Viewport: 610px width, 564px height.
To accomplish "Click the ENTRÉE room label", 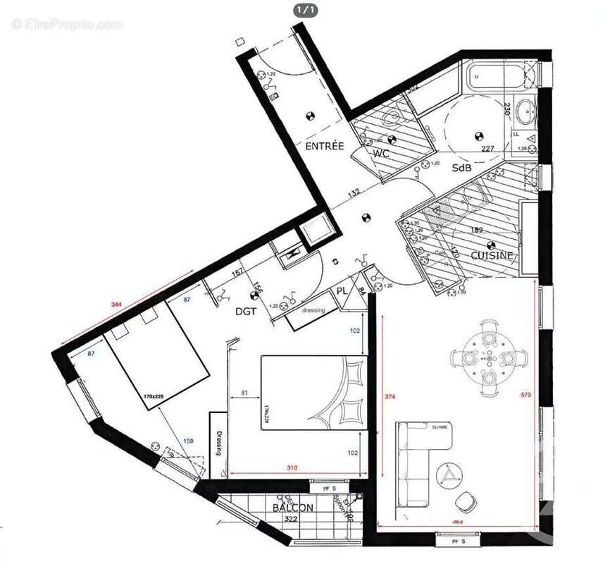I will [324, 146].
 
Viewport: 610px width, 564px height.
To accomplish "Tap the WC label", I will [381, 152].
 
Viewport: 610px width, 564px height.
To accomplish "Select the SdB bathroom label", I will [463, 168].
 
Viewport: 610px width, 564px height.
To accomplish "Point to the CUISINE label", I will [492, 255].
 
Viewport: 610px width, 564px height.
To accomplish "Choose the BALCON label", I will [292, 507].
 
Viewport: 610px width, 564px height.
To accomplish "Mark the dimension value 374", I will [389, 397].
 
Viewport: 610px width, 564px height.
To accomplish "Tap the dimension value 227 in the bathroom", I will [488, 149].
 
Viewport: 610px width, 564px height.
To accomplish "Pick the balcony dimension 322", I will [290, 519].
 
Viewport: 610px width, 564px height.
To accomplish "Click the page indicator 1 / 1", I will [304, 9].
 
